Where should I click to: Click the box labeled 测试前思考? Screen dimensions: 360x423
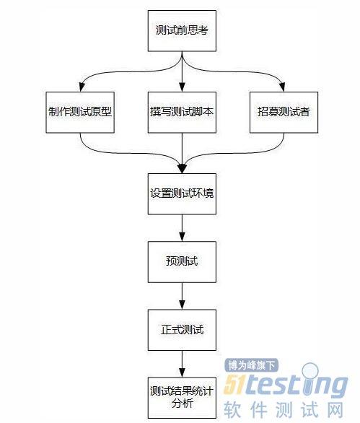tap(182, 31)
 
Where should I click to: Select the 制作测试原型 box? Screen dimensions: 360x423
tap(80, 112)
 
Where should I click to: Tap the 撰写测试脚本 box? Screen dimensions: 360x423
tap(182, 112)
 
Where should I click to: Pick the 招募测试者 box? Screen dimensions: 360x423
tap(284, 112)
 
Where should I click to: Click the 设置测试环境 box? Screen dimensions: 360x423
tap(182, 194)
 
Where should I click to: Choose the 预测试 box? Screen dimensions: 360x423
tap(182, 262)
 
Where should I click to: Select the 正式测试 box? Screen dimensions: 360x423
tap(182, 330)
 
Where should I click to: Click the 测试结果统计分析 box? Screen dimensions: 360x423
tap(182, 398)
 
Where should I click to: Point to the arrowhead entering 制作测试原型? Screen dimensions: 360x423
tap(82, 87)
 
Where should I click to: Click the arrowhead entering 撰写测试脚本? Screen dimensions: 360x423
tap(182, 87)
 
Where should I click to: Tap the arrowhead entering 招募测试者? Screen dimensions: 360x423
tap(282, 87)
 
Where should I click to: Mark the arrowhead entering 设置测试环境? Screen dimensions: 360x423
tap(182, 168)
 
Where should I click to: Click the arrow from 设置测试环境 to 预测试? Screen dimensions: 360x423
tap(182, 228)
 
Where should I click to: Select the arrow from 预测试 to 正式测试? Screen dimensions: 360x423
tap(182, 296)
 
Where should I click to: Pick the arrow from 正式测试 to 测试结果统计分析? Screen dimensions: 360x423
tap(182, 364)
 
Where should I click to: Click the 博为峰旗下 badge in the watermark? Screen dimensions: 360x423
tap(251, 365)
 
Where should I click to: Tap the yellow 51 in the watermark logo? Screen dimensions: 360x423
tap(234, 385)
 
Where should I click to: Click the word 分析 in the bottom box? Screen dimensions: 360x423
tap(183, 404)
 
